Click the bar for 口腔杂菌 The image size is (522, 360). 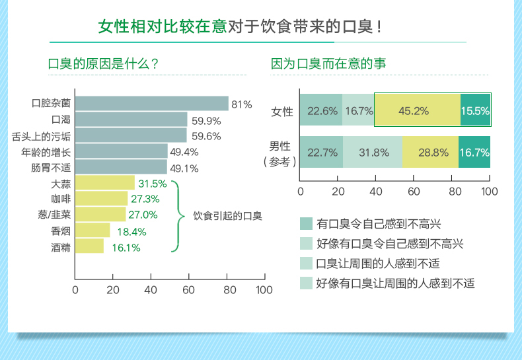point(151,104)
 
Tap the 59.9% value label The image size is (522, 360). point(205,121)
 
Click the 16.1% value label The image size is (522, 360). point(126,248)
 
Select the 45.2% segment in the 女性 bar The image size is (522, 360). point(417,110)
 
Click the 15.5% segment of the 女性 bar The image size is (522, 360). point(475,110)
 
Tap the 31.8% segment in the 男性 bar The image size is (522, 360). point(373,153)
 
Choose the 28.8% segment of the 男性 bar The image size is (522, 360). point(431,153)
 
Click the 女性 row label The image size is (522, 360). point(282,111)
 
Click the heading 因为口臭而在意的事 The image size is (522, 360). point(328,64)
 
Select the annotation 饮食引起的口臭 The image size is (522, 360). point(227,215)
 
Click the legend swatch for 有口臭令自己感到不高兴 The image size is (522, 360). point(306,223)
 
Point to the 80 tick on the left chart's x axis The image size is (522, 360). point(227,290)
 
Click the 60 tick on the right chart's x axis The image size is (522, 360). point(414,192)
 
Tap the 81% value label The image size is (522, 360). point(242,104)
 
